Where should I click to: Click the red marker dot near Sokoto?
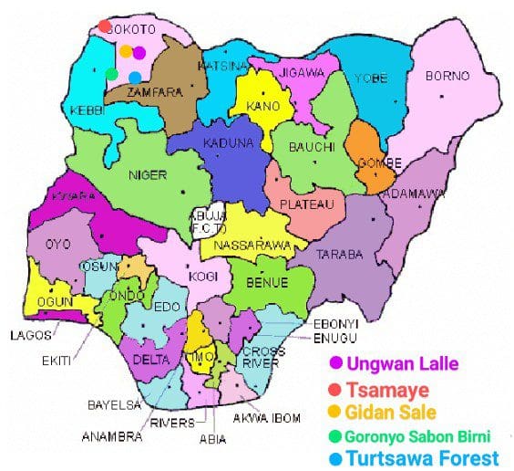104,26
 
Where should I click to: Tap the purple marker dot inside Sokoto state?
139,52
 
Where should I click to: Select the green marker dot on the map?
111,73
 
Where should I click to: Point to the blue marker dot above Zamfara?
135,78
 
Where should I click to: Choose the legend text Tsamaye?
391,389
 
